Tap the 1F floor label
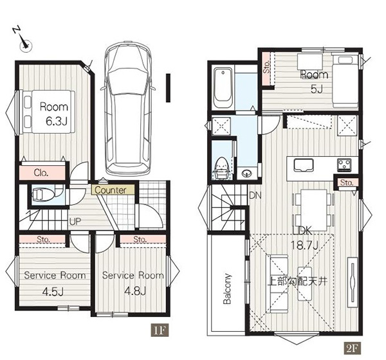pos(160,330)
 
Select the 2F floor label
pos(352,348)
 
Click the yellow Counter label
pos(113,190)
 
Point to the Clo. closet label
pos(41,173)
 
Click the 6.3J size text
pos(57,122)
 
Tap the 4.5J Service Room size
pos(53,292)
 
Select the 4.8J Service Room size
pos(135,291)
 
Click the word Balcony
pos(227,289)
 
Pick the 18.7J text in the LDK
pos(305,245)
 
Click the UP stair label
pos(75,222)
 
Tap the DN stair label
pos(255,195)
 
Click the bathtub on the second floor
pos(223,88)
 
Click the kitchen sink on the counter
pos(303,165)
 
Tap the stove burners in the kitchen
pos(344,164)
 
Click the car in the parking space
pos(128,108)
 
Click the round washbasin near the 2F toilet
pos(246,174)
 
